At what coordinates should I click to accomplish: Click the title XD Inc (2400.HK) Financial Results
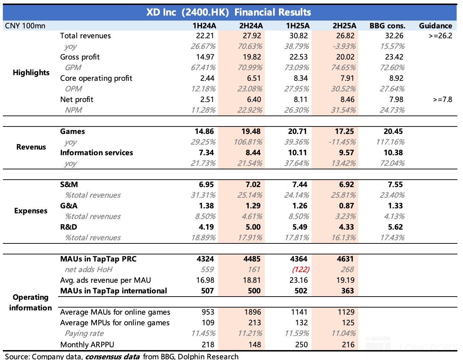tap(229, 12)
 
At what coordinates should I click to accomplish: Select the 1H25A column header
tap(298, 26)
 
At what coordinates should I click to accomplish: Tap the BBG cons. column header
tap(387, 26)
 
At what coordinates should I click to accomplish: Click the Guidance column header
tap(435, 26)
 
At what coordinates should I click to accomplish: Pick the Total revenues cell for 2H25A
tap(345, 36)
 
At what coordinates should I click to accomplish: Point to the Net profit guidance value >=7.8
tap(442, 100)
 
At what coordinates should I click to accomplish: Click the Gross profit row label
tap(80, 57)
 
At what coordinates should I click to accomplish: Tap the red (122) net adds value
tap(301, 270)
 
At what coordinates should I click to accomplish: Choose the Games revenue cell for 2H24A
tap(251, 131)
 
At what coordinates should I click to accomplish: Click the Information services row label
tap(97, 153)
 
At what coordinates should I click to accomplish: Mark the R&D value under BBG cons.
tap(395, 227)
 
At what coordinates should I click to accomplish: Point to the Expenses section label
tap(31, 211)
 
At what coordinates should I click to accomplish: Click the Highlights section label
tap(31, 73)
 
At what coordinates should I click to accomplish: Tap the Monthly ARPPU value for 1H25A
tap(301, 344)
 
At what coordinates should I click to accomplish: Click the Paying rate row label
tap(84, 333)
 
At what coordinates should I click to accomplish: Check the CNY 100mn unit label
tap(25, 26)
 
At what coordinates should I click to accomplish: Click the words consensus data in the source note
tap(113, 356)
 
